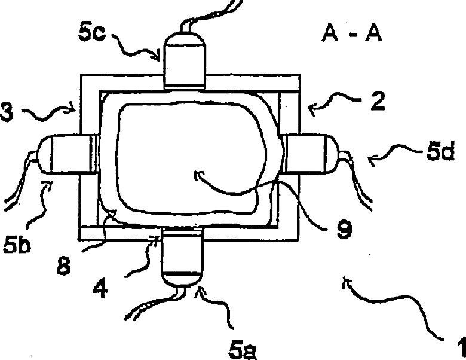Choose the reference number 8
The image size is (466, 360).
66,266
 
